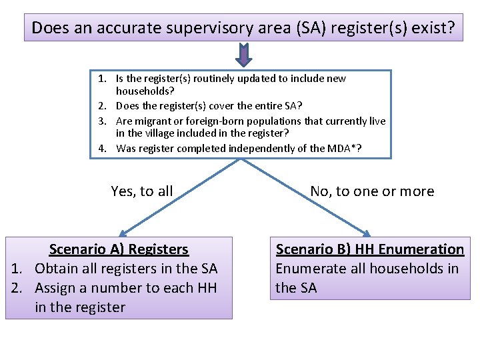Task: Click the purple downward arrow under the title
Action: click(243, 56)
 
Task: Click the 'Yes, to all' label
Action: click(142, 191)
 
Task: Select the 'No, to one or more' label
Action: click(372, 191)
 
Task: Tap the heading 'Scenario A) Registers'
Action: click(119, 249)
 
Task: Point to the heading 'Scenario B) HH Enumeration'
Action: click(370, 249)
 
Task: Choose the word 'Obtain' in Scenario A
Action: click(56, 269)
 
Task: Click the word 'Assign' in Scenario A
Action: click(56, 288)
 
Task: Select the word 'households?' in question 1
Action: click(143, 91)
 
